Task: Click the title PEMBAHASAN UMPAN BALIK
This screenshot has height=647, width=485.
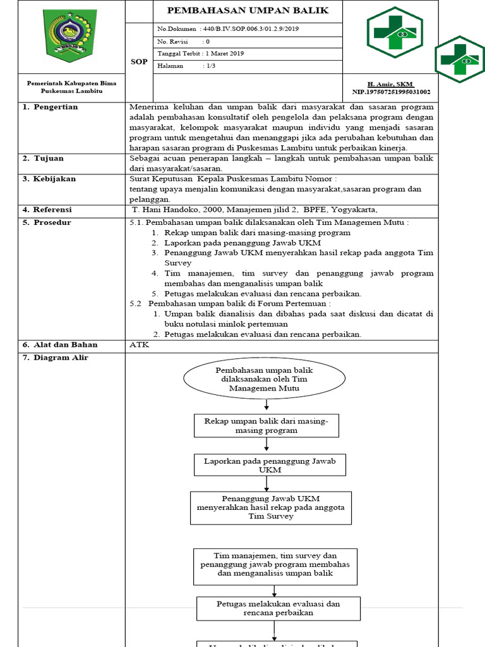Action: (248, 11)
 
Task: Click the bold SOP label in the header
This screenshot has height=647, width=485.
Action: (139, 61)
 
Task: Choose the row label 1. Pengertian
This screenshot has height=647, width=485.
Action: (51, 107)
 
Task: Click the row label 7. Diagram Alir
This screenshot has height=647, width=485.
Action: (56, 358)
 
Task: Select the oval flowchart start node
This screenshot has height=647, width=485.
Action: (264, 378)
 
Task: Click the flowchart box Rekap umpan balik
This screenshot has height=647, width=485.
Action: (266, 425)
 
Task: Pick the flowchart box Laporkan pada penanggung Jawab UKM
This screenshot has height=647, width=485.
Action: (270, 465)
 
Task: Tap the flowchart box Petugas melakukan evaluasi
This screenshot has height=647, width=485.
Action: (278, 608)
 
